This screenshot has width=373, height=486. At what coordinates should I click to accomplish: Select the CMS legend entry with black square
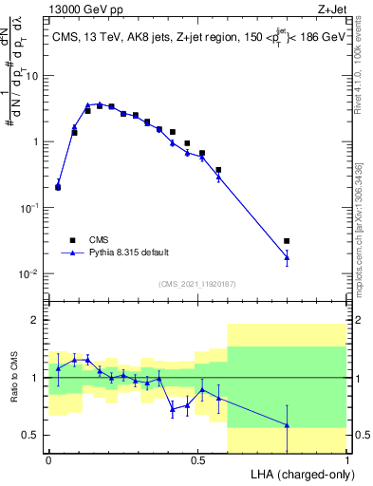coord(73,240)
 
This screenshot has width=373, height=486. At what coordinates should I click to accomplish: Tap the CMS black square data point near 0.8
coord(287,241)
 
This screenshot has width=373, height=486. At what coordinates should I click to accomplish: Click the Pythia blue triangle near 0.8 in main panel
coord(287,257)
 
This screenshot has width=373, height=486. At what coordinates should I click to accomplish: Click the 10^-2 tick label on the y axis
coord(30,274)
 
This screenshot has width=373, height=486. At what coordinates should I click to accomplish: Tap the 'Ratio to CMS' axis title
coord(14,378)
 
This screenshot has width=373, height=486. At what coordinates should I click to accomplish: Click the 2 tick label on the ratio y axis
coord(38,321)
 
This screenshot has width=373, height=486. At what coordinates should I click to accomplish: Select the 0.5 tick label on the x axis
coord(197,460)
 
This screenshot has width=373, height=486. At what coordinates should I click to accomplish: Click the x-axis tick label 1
coord(346,460)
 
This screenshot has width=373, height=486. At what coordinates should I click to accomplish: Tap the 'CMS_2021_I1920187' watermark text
coord(196,283)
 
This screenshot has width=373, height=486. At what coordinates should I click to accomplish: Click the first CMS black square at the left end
coord(58,187)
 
